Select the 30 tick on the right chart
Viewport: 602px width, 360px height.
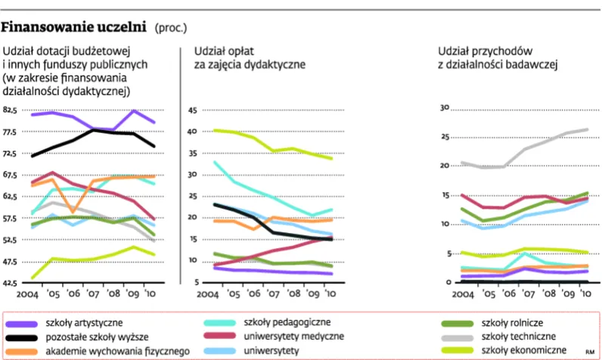445,107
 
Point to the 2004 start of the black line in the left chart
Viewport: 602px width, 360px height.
33,156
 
